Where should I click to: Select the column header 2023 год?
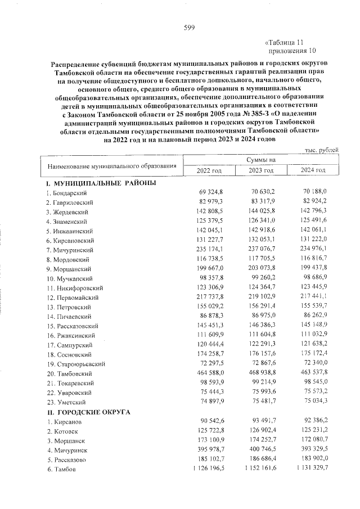[x=261, y=170]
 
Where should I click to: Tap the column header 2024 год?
[x=313, y=170]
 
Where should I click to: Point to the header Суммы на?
[x=261, y=160]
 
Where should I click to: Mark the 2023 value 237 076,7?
[x=262, y=250]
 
